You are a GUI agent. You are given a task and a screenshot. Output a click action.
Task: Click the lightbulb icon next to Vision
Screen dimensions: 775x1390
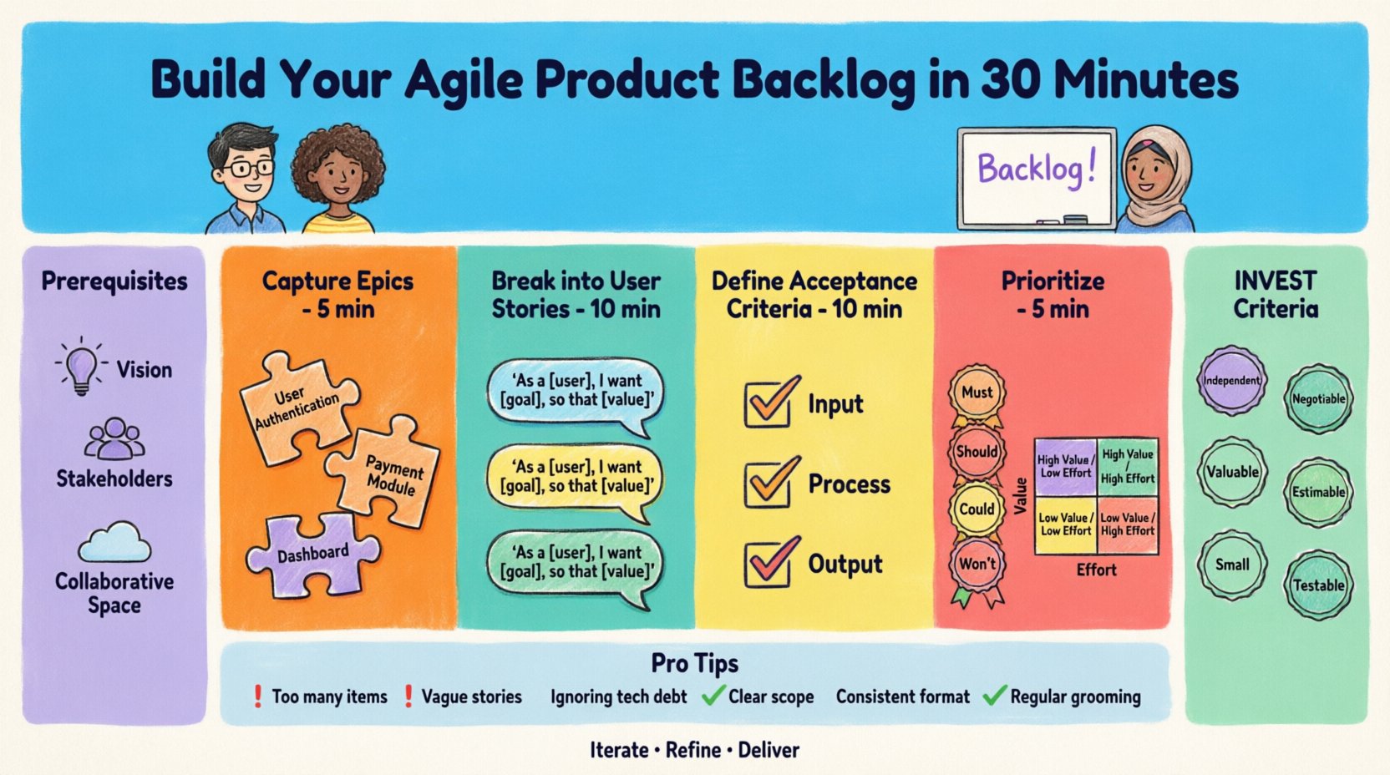[81, 367]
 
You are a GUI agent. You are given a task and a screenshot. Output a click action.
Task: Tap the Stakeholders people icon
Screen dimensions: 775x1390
[114, 439]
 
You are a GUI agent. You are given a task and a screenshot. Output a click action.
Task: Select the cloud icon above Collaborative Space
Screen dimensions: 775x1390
[114, 543]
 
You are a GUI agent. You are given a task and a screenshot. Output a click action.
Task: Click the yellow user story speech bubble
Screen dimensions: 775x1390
[575, 478]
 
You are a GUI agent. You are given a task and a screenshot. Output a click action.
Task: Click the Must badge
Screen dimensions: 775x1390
[977, 393]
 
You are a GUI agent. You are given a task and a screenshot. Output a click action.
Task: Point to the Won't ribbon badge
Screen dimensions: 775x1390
[977, 565]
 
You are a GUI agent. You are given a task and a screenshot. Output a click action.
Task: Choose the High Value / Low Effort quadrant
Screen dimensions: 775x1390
[1065, 466]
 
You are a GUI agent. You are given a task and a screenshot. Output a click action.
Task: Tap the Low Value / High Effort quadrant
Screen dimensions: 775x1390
[1128, 524]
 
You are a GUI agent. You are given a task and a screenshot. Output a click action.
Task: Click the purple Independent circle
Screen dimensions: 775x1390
[1231, 381]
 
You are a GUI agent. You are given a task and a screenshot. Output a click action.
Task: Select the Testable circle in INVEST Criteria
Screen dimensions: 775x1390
[1318, 585]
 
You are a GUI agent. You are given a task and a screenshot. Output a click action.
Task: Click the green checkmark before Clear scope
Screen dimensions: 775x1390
[713, 696]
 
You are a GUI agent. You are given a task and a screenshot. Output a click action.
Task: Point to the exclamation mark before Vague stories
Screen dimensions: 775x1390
[408, 696]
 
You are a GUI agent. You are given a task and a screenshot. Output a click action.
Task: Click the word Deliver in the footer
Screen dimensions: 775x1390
[769, 750]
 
